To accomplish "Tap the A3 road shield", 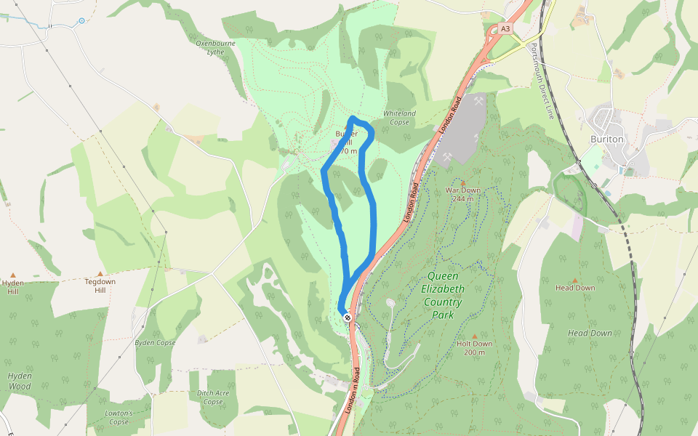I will [x=505, y=29].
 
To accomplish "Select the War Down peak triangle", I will [x=463, y=182].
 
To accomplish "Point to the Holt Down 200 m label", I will [x=475, y=347].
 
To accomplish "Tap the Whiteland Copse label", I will [x=400, y=118].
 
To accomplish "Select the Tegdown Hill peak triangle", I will [x=100, y=274].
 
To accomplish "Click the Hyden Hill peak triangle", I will [x=12, y=275].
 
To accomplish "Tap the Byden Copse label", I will [x=156, y=342].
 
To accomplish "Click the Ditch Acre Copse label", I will [x=213, y=397].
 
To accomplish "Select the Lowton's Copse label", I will [x=118, y=417].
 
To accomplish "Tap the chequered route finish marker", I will [x=349, y=317].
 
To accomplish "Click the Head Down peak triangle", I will [x=575, y=280].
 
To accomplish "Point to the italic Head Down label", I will [x=590, y=333].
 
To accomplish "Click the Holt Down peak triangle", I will [x=475, y=335].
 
